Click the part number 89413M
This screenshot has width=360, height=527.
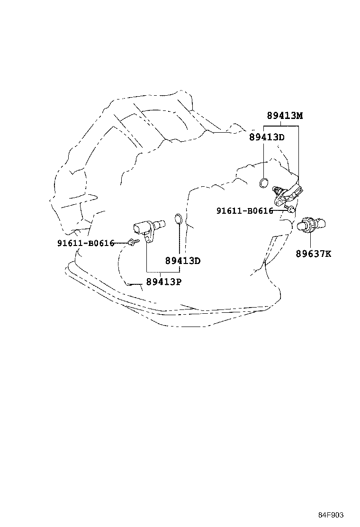click(285, 116)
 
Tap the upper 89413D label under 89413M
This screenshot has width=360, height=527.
click(267, 137)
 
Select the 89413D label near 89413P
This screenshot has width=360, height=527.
click(183, 261)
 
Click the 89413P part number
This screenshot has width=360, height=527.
click(164, 282)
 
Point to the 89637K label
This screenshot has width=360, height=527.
click(314, 254)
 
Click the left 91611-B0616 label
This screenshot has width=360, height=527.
click(86, 243)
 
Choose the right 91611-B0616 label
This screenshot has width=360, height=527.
click(245, 211)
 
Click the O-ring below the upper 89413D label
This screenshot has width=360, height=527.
click(264, 183)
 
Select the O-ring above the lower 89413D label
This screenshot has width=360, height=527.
click(178, 218)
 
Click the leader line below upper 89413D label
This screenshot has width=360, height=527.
click(264, 159)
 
